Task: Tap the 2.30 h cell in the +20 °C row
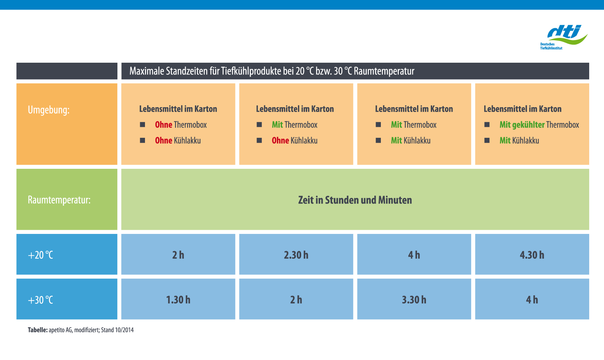click(296, 255)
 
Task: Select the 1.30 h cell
click(178, 299)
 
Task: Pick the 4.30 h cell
click(532, 255)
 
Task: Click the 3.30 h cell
click(414, 299)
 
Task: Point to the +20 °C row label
click(41, 255)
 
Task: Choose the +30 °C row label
click(41, 300)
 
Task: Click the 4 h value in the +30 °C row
click(532, 300)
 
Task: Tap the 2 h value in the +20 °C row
click(178, 255)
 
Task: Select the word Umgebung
click(49, 110)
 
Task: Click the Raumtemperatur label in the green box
click(59, 200)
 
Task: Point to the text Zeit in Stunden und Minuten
click(355, 200)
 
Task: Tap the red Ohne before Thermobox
click(164, 125)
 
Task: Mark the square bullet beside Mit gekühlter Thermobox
click(487, 125)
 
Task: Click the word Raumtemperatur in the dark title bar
click(384, 71)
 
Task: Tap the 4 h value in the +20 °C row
click(414, 255)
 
